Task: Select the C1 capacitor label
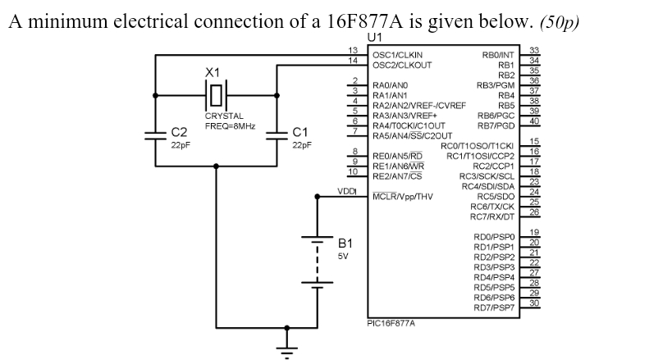(301, 132)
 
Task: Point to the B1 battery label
(345, 244)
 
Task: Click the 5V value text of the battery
(343, 256)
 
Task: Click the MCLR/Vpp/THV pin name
(403, 197)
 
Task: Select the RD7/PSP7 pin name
(493, 308)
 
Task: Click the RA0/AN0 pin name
(390, 84)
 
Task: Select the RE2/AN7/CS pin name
(397, 175)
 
